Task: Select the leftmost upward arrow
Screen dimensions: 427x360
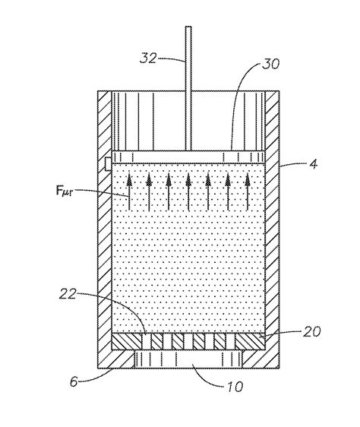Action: [129, 190]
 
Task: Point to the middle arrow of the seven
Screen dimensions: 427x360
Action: [188, 190]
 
